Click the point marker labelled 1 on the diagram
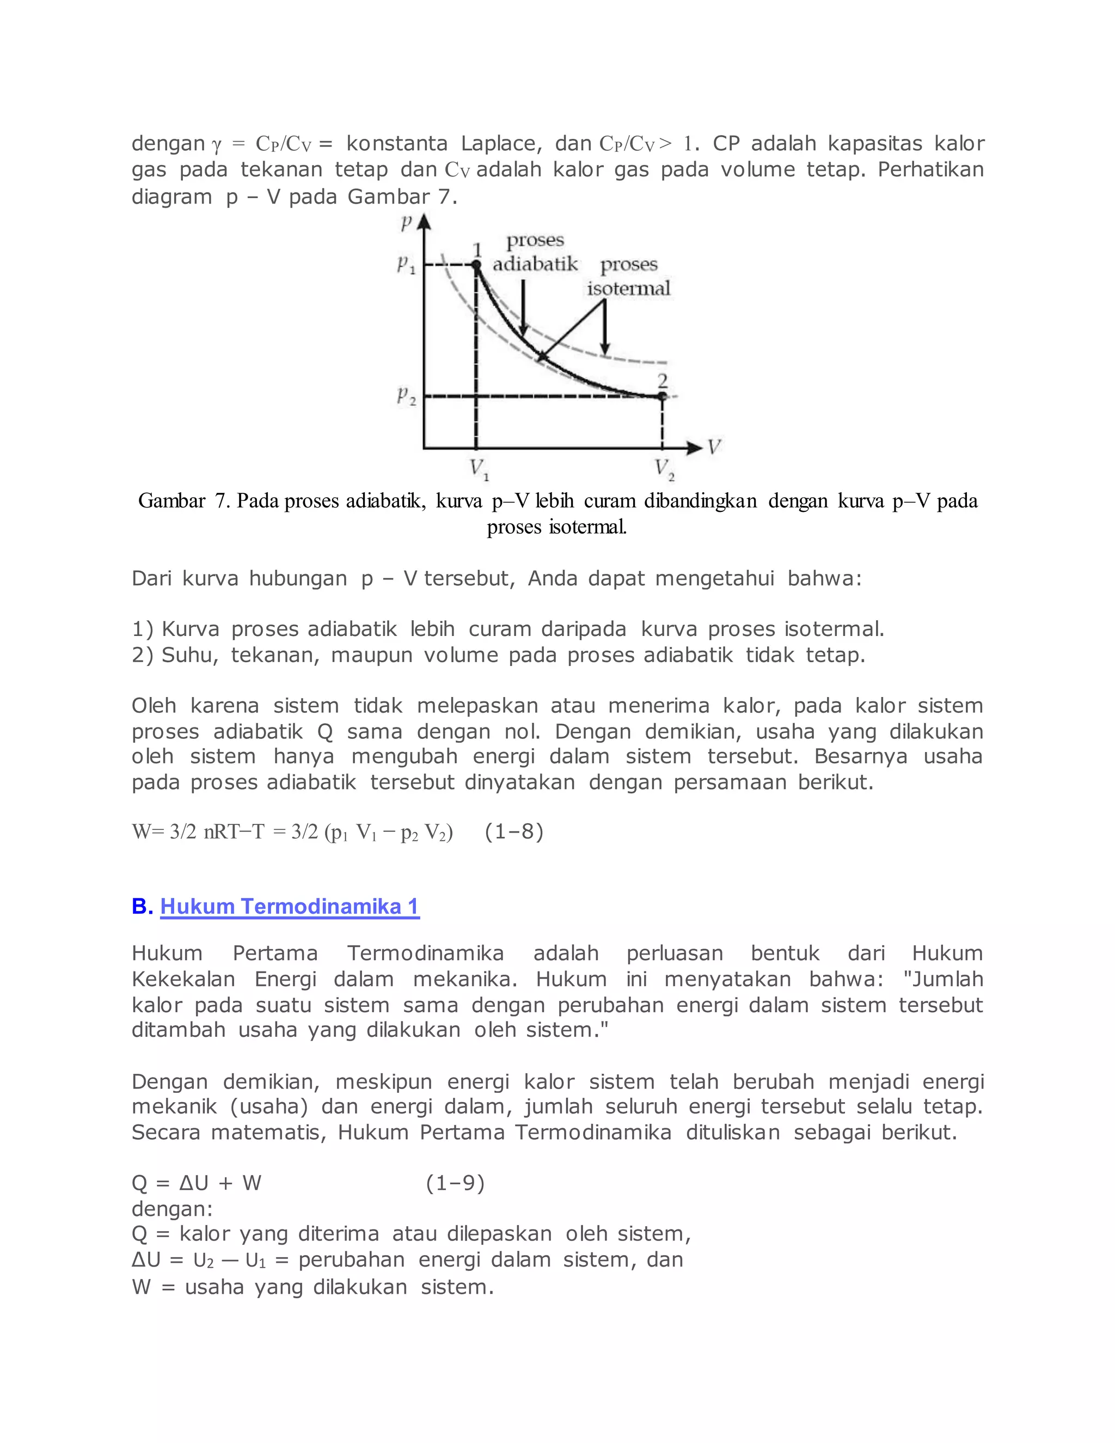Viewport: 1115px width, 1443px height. coord(476,264)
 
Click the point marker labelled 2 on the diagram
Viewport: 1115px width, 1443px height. coord(662,396)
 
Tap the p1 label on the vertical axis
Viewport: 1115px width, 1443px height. coord(406,265)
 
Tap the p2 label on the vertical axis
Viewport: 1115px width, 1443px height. coord(406,396)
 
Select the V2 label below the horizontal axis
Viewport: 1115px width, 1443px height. coord(664,469)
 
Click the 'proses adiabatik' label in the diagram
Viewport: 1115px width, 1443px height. coord(535,253)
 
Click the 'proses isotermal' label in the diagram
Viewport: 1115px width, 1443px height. coord(629,276)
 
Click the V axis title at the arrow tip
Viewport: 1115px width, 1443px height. coord(713,447)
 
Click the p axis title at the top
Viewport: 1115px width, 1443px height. coord(407,223)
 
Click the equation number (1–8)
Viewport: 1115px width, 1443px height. coord(513,831)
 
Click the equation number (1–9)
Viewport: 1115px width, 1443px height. coord(455,1183)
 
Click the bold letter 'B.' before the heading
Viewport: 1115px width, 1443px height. coord(142,906)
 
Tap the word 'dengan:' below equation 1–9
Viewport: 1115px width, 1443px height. coord(171,1208)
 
